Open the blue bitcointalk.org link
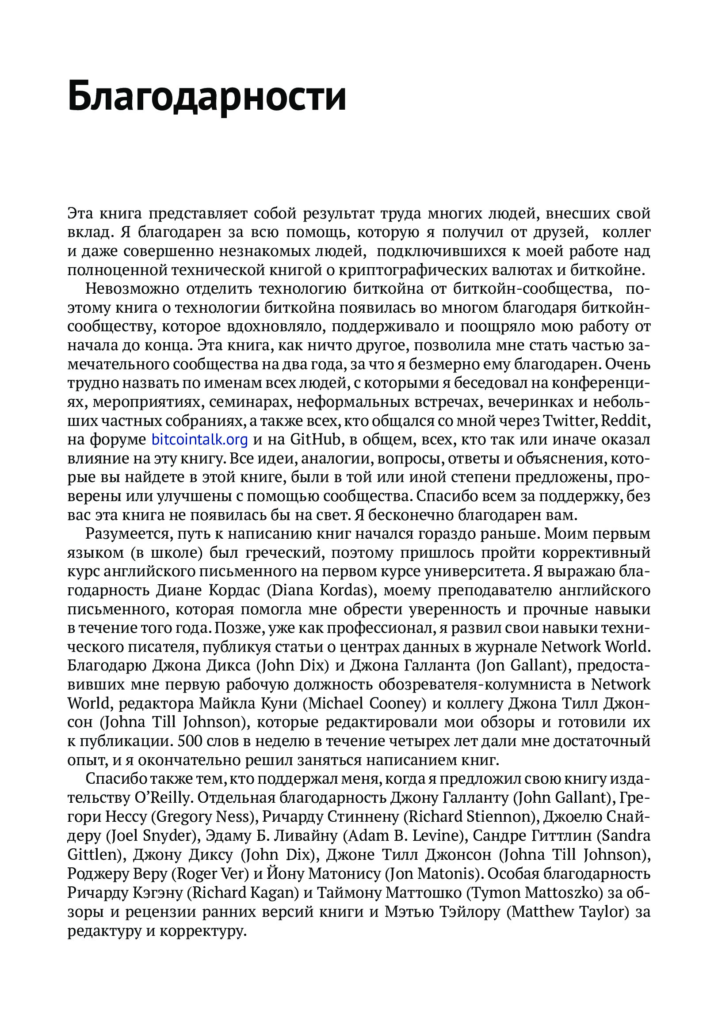[x=199, y=440]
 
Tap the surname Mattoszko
[x=564, y=892]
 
